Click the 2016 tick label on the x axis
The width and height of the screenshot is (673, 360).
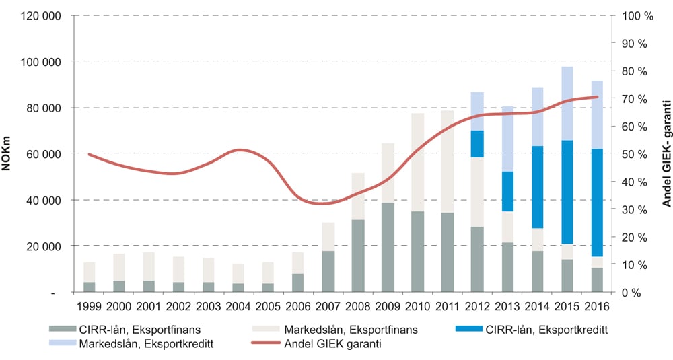point(596,308)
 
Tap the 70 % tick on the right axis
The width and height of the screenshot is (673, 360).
point(634,99)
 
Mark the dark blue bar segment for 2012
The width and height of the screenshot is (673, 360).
point(477,143)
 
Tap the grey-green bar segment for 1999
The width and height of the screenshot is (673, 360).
point(89,287)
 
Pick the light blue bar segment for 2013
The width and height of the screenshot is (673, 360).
point(507,139)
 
